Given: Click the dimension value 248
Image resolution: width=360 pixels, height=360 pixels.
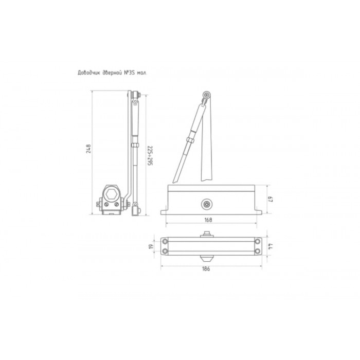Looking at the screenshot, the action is (x=88, y=149).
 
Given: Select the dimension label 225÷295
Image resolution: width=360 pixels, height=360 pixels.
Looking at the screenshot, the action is (x=150, y=156).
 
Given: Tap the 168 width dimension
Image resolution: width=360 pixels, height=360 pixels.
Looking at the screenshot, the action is (x=208, y=220).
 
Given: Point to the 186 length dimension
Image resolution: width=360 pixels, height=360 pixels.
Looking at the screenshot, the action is (x=206, y=268).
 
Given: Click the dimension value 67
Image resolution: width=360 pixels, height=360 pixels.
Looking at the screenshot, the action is (x=271, y=199).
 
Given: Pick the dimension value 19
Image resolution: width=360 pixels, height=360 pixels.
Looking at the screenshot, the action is (x=151, y=247).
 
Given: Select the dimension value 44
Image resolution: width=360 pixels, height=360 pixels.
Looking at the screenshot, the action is (x=271, y=246).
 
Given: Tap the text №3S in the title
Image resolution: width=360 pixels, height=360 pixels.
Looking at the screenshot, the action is (x=129, y=73).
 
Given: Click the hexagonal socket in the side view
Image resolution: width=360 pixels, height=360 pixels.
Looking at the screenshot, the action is (x=112, y=195).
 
